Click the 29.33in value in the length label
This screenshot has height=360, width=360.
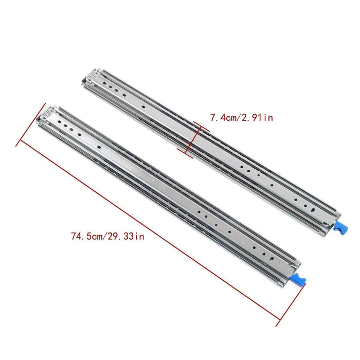(127, 237)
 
